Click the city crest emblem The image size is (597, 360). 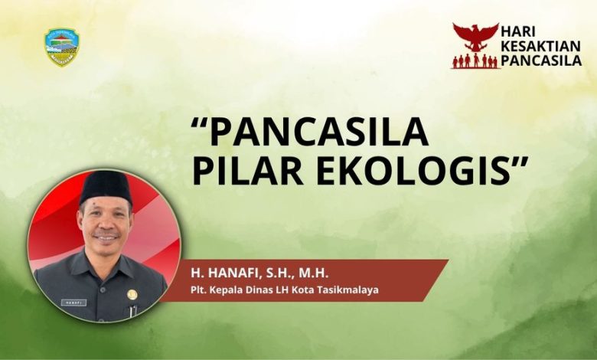click(x=62, y=47)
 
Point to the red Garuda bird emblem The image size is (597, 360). click(x=475, y=37)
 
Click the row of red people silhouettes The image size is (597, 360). click(x=475, y=61)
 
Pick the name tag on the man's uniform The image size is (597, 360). click(x=73, y=303)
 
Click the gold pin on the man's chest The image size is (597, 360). click(x=131, y=294)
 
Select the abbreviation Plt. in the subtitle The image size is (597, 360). click(x=199, y=290)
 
